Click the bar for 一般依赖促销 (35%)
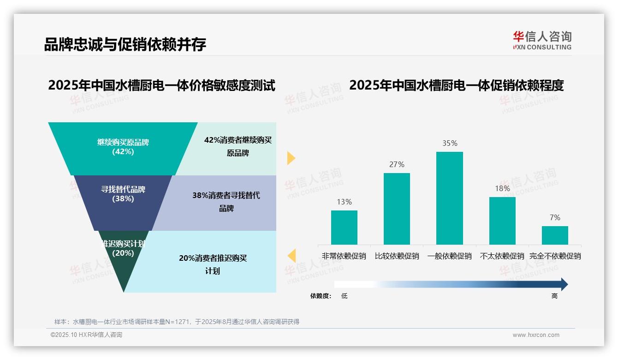(449, 198)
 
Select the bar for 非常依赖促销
(344, 227)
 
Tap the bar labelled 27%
(397, 209)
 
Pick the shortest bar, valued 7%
(555, 235)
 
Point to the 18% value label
(502, 188)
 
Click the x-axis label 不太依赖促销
(502, 256)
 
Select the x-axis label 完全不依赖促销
(555, 256)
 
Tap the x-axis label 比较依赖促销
(397, 256)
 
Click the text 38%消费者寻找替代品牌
(226, 202)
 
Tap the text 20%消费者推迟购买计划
(213, 264)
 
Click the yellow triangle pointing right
(291, 158)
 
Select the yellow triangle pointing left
(291, 256)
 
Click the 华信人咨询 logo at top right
(542, 41)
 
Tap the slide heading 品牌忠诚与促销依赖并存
(125, 44)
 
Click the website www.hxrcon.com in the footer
(536, 335)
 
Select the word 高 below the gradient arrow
(554, 296)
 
